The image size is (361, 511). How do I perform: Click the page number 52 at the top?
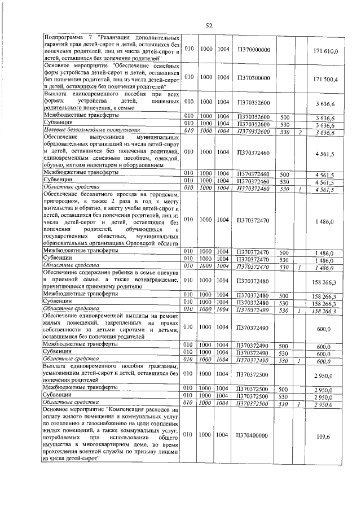pyautogui.click(x=208, y=26)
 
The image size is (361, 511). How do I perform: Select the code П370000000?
pyautogui.click(x=254, y=50)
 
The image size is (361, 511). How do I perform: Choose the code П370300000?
pyautogui.click(x=254, y=77)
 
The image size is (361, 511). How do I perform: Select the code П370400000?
pyautogui.click(x=254, y=435)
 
